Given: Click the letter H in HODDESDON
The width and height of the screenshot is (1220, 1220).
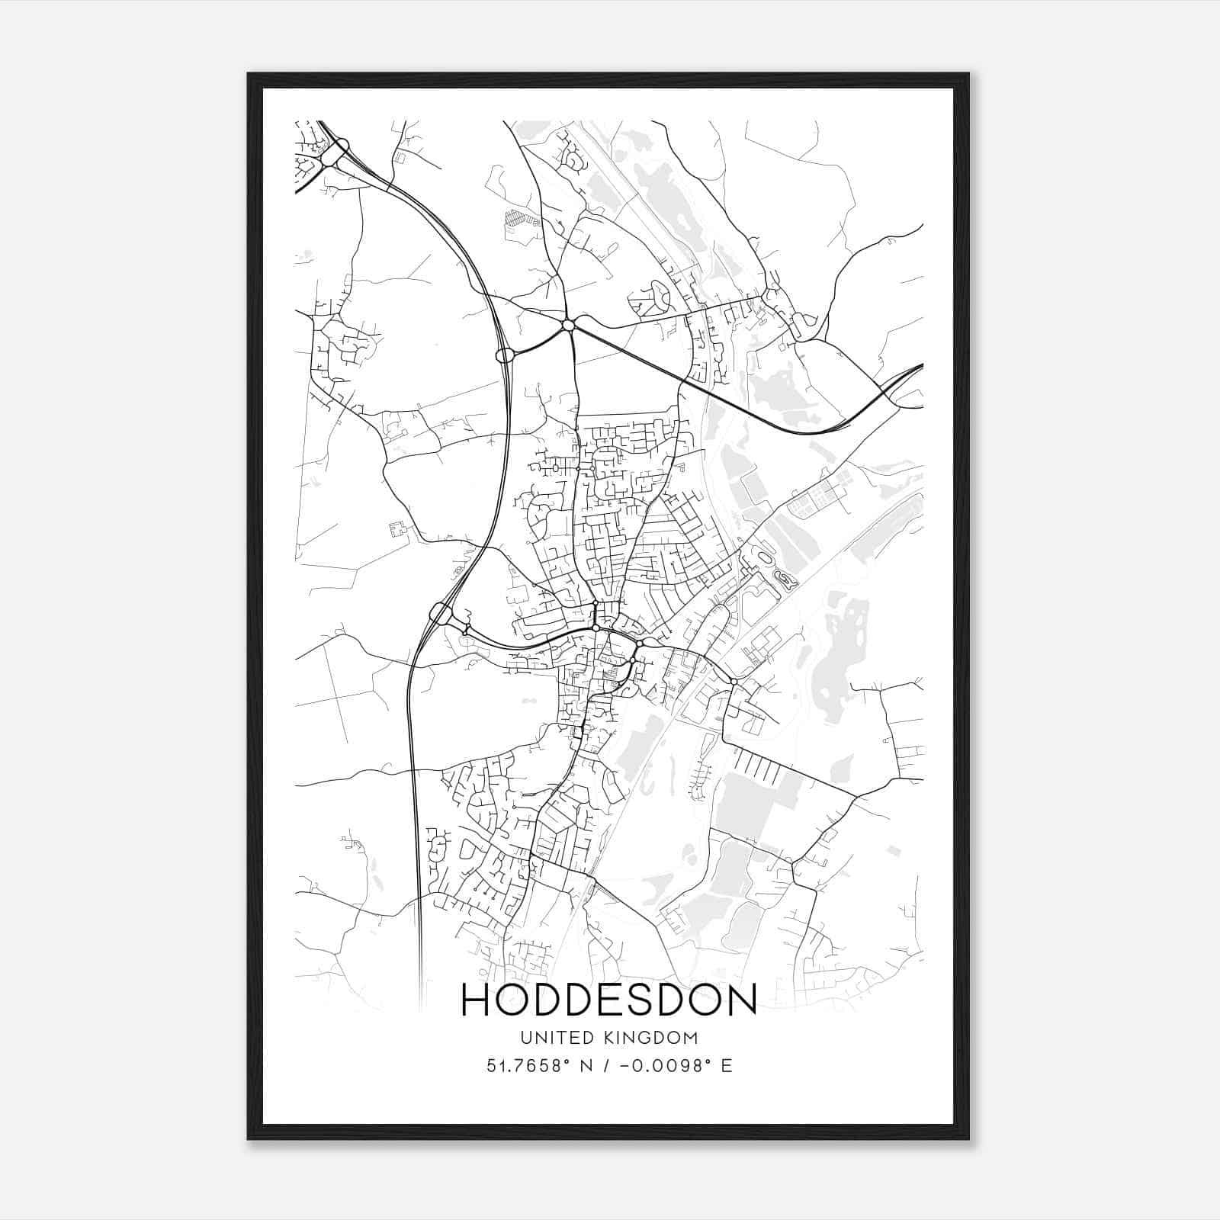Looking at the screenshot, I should click(477, 1000).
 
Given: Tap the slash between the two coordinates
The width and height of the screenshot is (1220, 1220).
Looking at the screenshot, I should click(606, 1065).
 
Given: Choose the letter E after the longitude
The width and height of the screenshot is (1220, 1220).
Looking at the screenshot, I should click(727, 1065).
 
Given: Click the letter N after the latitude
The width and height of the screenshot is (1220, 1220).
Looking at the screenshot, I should click(586, 1065).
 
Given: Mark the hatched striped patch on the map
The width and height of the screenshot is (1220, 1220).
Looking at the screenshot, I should click(516, 218).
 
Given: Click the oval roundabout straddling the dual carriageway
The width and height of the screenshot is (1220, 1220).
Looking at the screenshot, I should click(505, 355).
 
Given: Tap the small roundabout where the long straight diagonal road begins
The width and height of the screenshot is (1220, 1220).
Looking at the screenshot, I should click(568, 326).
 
